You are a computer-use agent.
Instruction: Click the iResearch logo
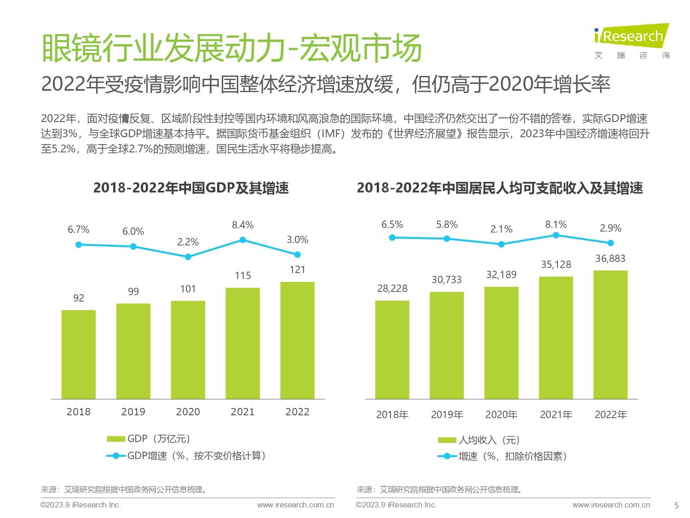pyautogui.click(x=631, y=41)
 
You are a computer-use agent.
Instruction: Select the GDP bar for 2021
pyautogui.click(x=242, y=343)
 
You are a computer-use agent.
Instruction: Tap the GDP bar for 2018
pyautogui.click(x=79, y=354)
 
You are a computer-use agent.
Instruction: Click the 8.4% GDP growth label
pyautogui.click(x=242, y=225)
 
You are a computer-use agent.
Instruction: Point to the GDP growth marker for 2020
pyautogui.click(x=188, y=257)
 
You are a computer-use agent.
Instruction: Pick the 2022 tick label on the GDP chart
pyautogui.click(x=297, y=412)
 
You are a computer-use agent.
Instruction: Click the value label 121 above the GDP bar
pyautogui.click(x=297, y=270)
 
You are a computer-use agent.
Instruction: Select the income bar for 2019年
pyautogui.click(x=447, y=345)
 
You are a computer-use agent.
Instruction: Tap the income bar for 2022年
pyautogui.click(x=610, y=334)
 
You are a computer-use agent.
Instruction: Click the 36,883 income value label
pyautogui.click(x=610, y=259)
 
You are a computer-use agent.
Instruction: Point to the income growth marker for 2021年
pyautogui.click(x=556, y=235)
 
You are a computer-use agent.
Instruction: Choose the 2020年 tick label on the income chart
pyautogui.click(x=501, y=415)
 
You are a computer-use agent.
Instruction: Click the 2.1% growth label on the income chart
pyautogui.click(x=501, y=229)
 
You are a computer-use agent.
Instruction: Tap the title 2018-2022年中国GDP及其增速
pyautogui.click(x=191, y=188)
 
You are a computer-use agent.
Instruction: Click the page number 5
pyautogui.click(x=676, y=505)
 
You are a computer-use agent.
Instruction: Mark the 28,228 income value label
pyautogui.click(x=392, y=289)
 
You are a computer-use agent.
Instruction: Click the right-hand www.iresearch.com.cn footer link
pyautogui.click(x=611, y=505)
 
